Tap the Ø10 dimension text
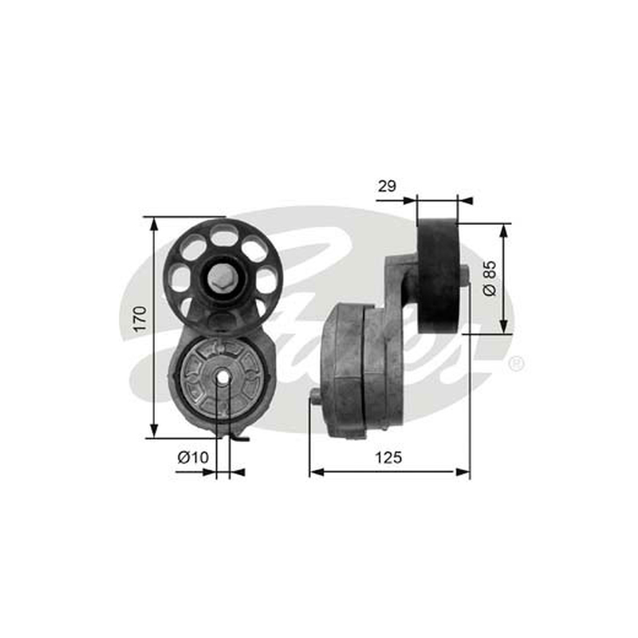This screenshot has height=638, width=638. tap(193, 457)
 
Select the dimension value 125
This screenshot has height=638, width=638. tap(388, 457)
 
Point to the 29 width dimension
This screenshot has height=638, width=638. tap(387, 186)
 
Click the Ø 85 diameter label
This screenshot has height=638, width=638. tap(490, 278)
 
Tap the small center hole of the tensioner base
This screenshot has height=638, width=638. tap(223, 376)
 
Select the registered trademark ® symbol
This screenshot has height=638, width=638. tap(516, 364)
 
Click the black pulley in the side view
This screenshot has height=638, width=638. tap(439, 276)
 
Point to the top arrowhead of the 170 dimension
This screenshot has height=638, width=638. tap(154, 224)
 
